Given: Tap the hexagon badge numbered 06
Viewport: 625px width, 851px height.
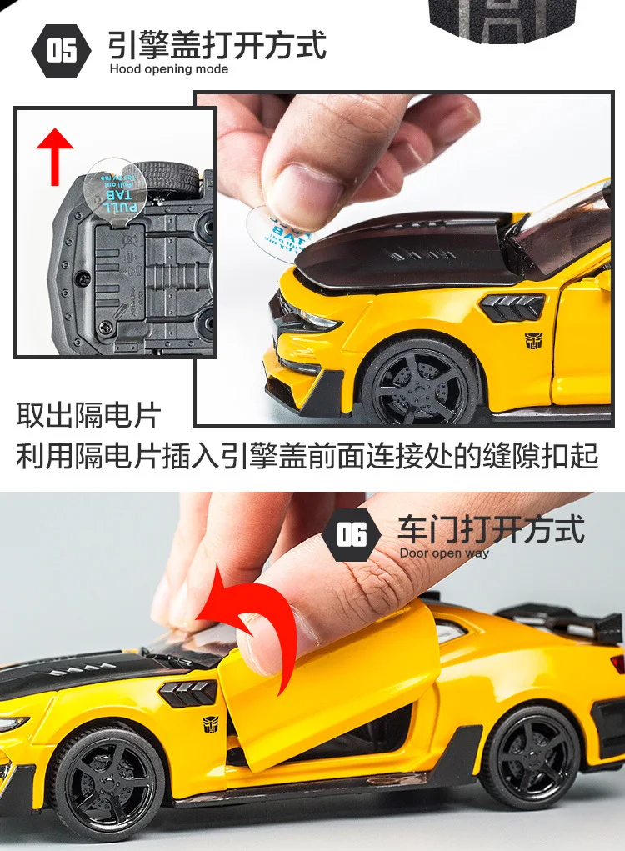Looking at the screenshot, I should (x=351, y=535).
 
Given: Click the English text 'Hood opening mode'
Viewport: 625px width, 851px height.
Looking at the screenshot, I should (x=168, y=68).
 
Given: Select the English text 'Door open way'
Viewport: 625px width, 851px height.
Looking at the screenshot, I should (x=443, y=553).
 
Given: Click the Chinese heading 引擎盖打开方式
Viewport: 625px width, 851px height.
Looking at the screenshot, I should (x=217, y=45).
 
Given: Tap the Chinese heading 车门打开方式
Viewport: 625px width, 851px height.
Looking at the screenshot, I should (x=491, y=530).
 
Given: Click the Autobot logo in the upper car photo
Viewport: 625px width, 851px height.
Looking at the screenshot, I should (x=532, y=340).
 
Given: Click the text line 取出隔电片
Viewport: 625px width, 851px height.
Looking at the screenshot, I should (x=87, y=414).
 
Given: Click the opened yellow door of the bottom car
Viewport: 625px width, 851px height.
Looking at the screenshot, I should (x=333, y=683).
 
